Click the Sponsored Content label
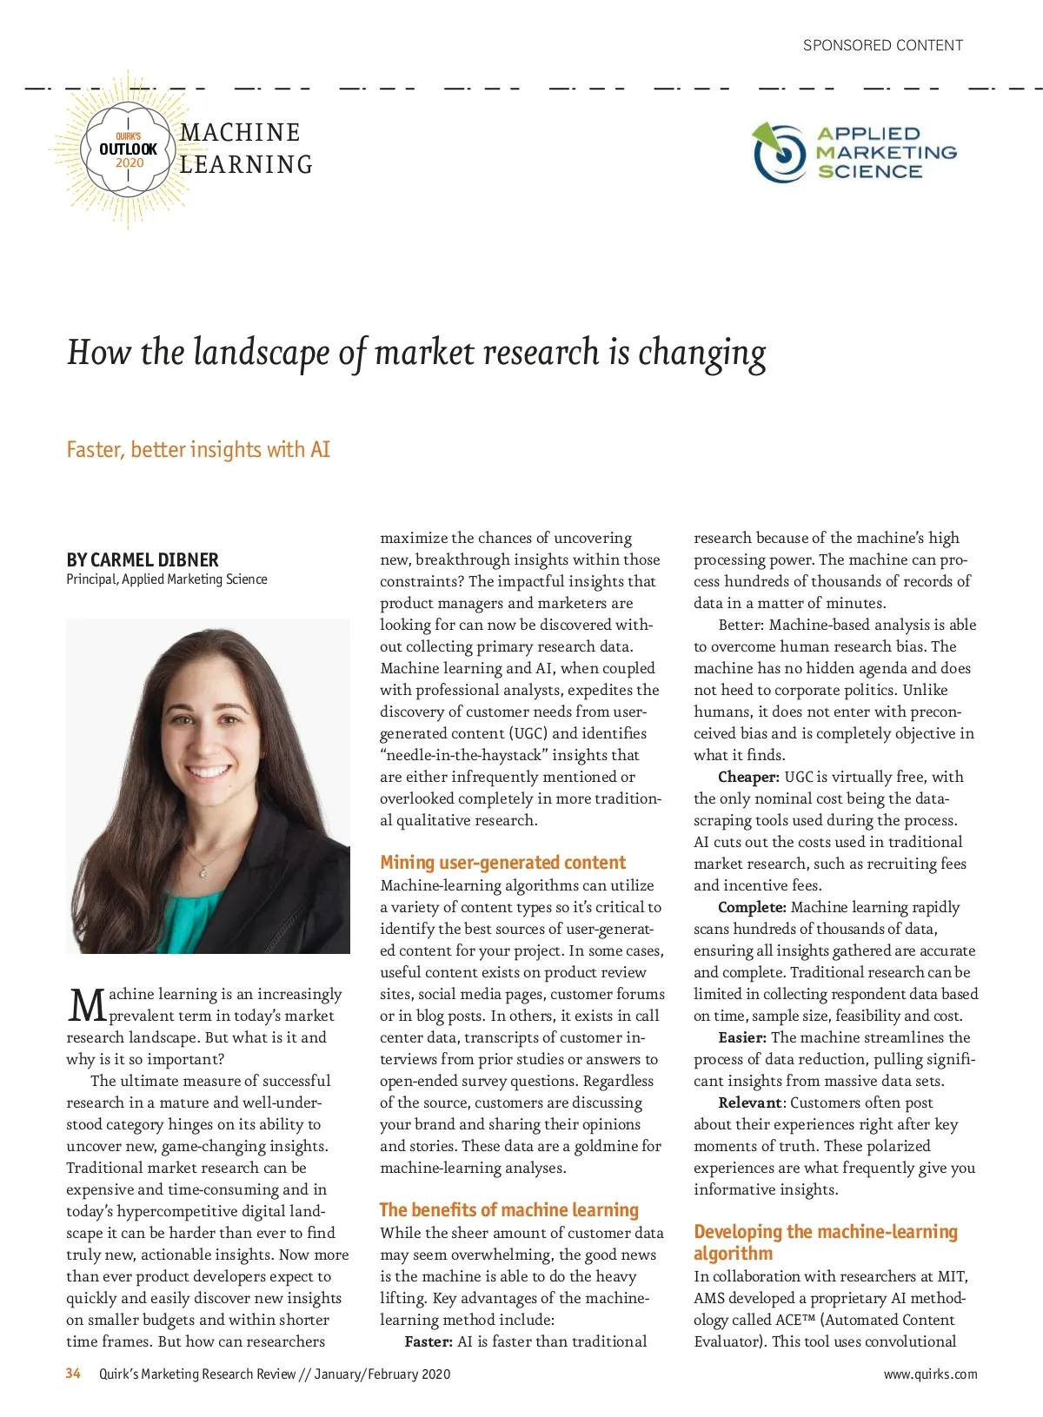coord(882,45)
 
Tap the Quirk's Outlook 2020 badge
coord(128,149)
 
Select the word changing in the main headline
coord(702,353)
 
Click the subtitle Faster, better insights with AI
coord(198,449)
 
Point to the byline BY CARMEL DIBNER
coord(143,560)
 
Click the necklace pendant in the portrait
coord(203,870)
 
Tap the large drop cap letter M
coord(86,1006)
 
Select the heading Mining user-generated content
coord(502,863)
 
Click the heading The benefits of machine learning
coord(508,1210)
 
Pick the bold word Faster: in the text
coord(428,1341)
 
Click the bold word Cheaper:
coord(748,777)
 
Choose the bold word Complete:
coord(752,907)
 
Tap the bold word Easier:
coord(742,1037)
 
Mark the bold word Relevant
coord(749,1102)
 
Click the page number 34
coord(73,1374)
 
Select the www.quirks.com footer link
coord(930,1374)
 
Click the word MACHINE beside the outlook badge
coord(240,133)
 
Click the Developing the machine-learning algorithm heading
coord(825,1242)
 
